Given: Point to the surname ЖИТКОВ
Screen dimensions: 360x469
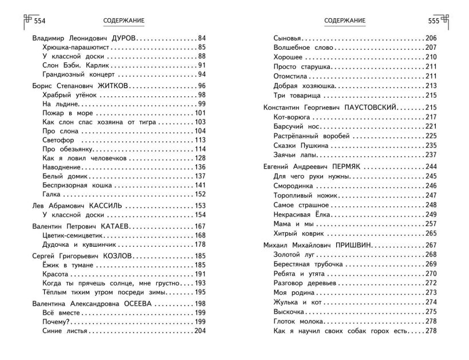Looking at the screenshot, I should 112,85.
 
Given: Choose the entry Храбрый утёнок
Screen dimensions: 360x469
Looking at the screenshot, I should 66,94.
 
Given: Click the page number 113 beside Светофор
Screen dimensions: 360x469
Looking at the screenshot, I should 200,140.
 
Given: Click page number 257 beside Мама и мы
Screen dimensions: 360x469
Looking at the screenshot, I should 431,224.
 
